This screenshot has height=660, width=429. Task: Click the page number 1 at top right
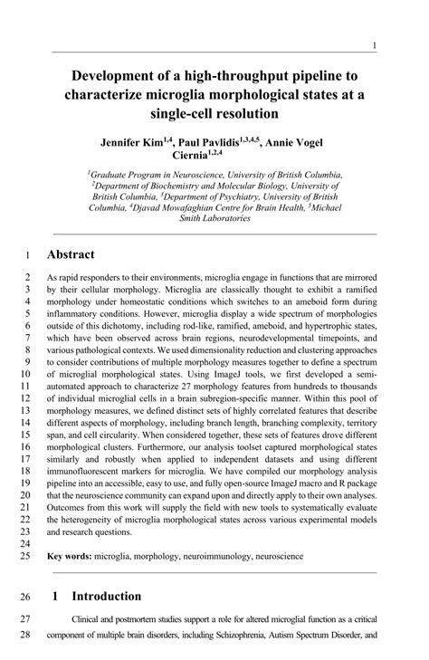pyautogui.click(x=375, y=45)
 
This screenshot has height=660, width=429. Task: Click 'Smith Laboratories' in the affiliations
pyautogui.click(x=214, y=218)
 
